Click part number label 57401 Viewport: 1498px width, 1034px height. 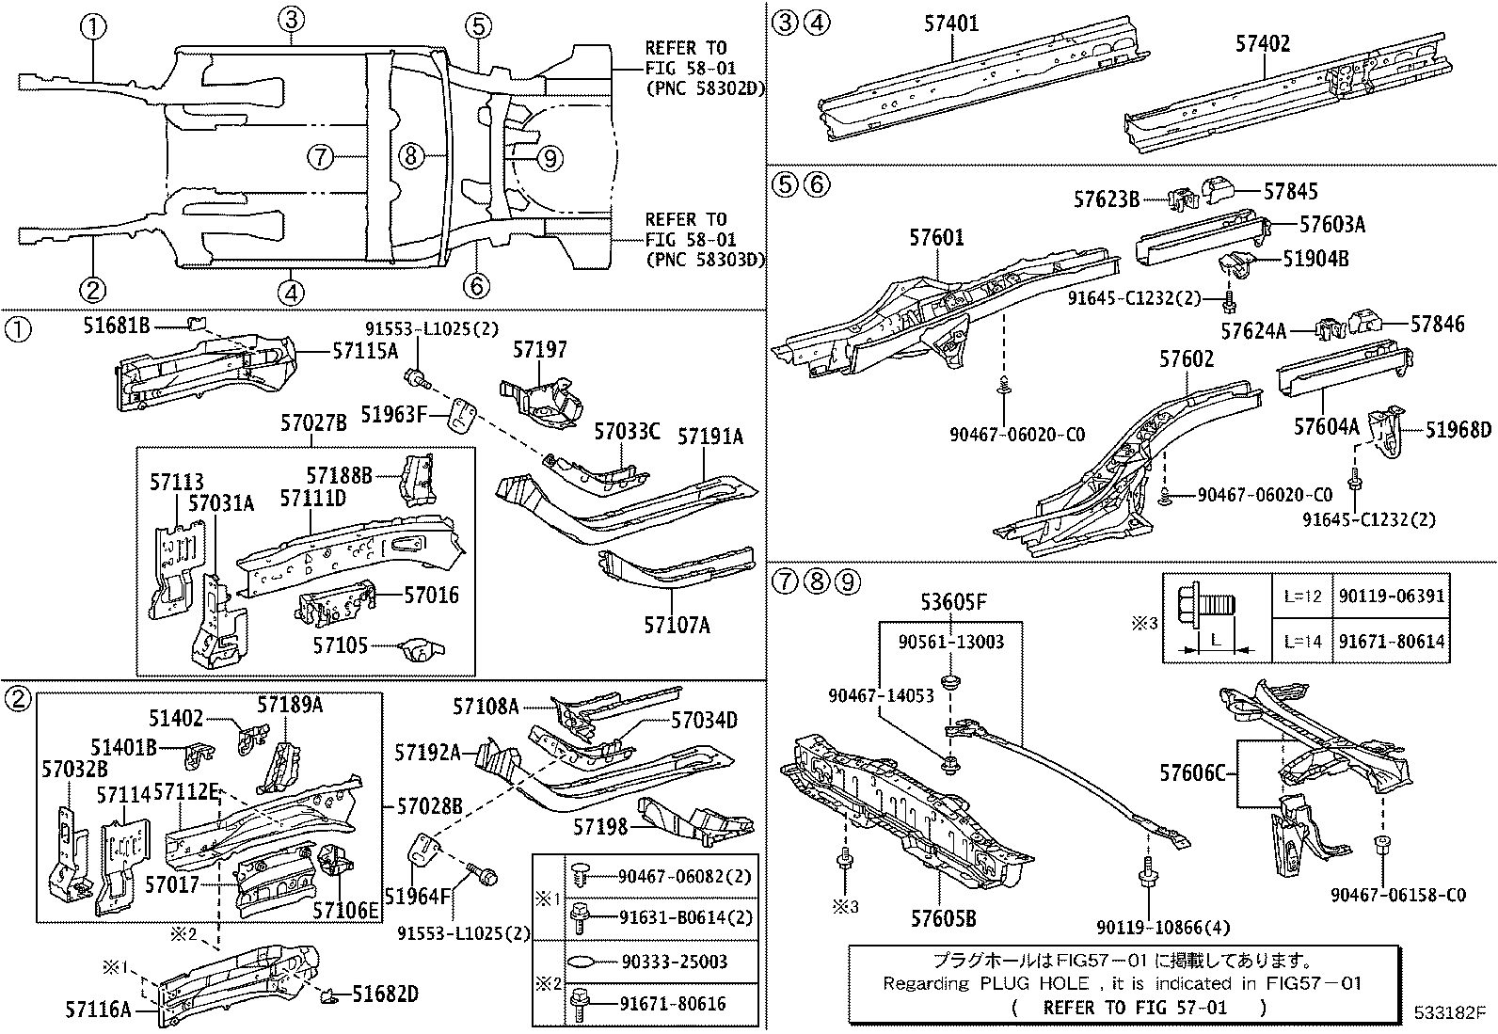949,23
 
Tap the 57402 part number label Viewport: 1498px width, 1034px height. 1263,43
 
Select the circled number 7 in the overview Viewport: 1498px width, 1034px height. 321,157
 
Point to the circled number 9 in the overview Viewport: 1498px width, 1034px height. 550,157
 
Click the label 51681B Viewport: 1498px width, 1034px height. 117,326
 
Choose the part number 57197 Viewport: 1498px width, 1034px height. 540,350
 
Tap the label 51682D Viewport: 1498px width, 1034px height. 386,994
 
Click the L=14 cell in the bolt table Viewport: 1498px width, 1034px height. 1303,642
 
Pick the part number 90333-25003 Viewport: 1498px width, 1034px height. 674,962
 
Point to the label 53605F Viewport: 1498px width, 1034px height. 954,602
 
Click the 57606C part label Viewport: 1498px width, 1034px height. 1193,773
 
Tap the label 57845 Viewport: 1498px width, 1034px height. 1291,192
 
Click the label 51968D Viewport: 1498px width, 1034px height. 1458,430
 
